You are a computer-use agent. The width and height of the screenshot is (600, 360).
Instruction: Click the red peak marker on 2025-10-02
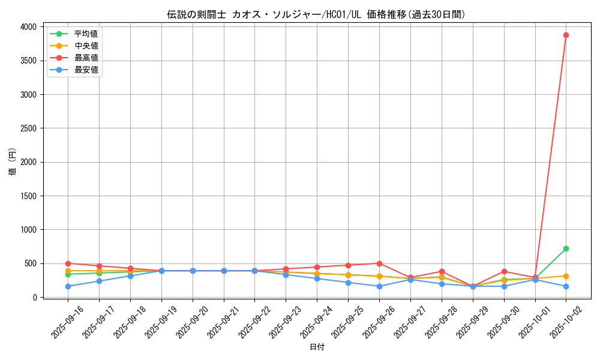pos(566,35)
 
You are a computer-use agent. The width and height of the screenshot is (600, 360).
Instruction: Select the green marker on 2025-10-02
pos(566,248)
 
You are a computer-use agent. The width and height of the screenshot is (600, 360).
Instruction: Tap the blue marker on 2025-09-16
pos(68,286)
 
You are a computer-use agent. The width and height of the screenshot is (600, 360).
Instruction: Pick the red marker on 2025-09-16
pos(68,263)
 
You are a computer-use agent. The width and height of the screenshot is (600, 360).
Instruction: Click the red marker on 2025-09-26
pos(379,263)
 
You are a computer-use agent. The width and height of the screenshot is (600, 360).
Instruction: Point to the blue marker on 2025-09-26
pos(379,286)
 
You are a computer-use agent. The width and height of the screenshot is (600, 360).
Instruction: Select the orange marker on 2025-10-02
pos(566,276)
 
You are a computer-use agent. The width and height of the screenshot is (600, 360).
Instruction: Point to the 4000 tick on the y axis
pos(28,27)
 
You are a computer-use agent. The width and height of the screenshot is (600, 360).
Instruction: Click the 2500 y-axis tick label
pos(28,128)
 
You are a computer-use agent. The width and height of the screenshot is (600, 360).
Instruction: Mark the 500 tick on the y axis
pos(30,263)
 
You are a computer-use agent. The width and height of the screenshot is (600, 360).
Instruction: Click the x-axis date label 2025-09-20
pos(190,321)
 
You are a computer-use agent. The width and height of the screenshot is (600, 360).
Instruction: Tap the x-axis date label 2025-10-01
pos(532,321)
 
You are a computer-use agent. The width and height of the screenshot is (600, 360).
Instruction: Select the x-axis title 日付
pos(317,347)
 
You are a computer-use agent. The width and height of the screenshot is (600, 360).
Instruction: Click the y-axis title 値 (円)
pos(12,162)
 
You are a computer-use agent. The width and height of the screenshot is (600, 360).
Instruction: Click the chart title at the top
pos(316,14)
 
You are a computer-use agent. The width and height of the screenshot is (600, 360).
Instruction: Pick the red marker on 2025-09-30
pos(504,271)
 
